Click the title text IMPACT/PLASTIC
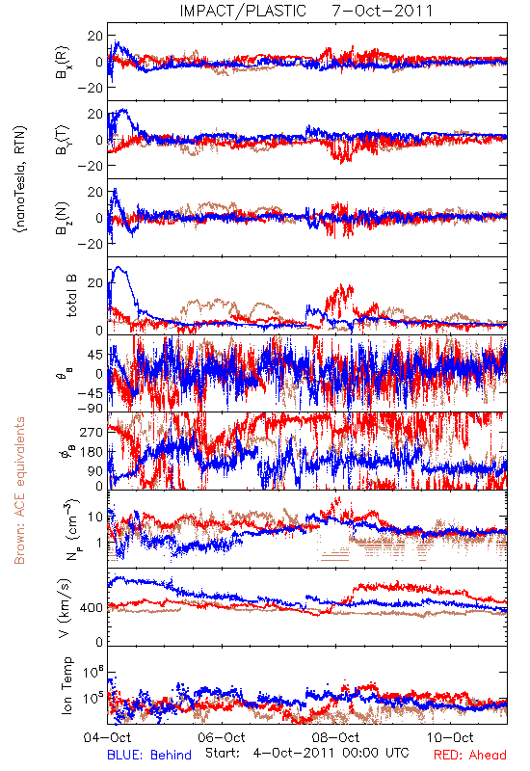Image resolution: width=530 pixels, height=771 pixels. click(243, 11)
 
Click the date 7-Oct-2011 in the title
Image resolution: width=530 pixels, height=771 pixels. click(383, 11)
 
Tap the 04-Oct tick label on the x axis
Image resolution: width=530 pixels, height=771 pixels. click(107, 737)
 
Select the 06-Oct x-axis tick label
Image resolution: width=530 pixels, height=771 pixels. click(222, 737)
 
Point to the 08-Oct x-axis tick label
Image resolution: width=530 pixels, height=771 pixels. click(335, 737)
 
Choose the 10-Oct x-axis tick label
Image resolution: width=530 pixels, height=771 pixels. click(450, 737)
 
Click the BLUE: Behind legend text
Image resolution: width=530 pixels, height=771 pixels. click(149, 755)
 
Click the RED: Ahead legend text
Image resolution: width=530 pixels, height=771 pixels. click(470, 755)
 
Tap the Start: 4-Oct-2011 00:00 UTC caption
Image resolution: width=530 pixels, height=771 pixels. click(306, 753)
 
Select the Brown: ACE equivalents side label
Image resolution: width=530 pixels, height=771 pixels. click(19, 491)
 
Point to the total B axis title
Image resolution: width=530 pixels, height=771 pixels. click(71, 296)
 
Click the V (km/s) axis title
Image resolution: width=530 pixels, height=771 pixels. click(65, 608)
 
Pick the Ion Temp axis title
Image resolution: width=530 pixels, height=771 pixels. click(66, 685)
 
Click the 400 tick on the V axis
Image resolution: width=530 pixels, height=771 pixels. click(92, 608)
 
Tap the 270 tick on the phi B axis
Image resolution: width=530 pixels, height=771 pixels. click(92, 432)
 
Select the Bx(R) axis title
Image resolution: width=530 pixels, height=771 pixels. click(63, 62)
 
